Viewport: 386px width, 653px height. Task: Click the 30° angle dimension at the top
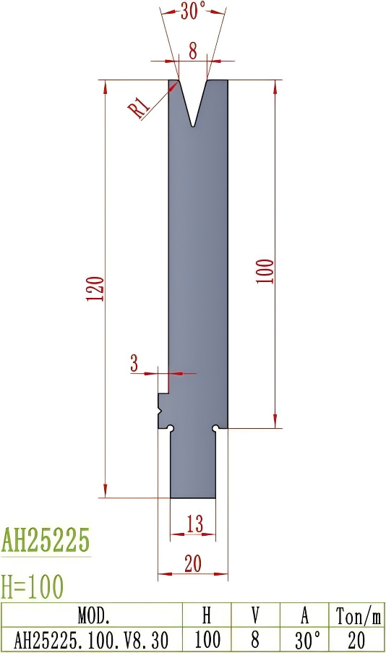[x=192, y=10]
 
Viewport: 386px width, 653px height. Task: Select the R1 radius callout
[x=140, y=107]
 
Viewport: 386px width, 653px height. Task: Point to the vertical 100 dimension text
[x=265, y=270]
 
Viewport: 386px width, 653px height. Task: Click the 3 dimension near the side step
[x=134, y=364]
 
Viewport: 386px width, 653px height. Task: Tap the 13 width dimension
[x=194, y=524]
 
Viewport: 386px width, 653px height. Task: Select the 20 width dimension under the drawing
[x=192, y=565]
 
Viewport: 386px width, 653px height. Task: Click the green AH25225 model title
[x=46, y=539]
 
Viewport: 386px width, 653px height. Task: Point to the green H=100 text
[x=33, y=584]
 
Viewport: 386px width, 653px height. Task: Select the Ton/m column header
[x=357, y=616]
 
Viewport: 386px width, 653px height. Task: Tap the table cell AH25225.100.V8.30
[x=93, y=639]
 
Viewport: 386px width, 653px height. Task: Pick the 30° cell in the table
[x=304, y=639]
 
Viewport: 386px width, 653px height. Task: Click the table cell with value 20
[x=357, y=639]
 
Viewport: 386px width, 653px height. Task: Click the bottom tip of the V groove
[x=192, y=127]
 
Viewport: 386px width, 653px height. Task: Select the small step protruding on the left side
[x=163, y=411]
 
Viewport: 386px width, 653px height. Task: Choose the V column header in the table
[x=255, y=616]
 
